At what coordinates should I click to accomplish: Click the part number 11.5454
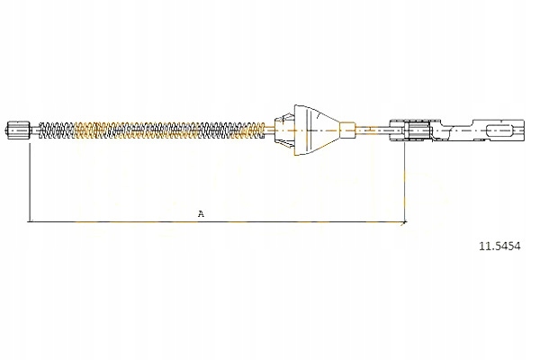point(499,246)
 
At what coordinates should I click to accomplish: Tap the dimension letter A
point(201,213)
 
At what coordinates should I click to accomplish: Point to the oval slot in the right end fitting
point(499,130)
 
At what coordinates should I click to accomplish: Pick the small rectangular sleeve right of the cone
point(347,130)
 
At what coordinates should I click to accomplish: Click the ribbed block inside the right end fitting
point(418,130)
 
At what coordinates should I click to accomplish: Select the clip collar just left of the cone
point(284,130)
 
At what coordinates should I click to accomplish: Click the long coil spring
point(152,130)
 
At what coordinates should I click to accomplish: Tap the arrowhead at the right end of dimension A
point(405,222)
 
